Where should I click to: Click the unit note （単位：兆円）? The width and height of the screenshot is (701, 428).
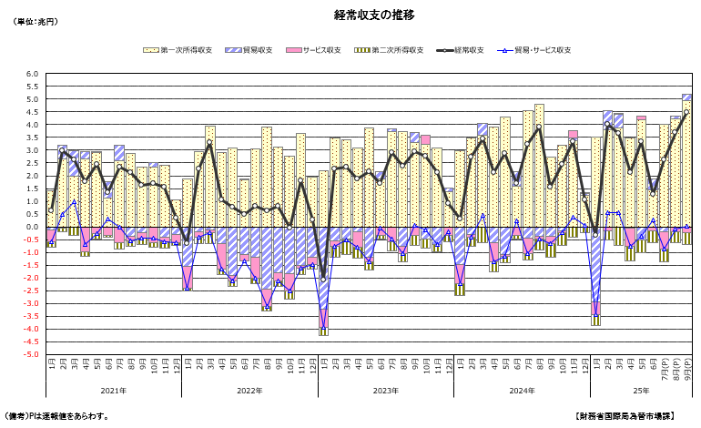[x=36, y=21]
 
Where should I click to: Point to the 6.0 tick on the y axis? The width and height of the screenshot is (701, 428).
[x=33, y=74]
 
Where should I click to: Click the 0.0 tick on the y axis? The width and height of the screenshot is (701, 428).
[x=33, y=227]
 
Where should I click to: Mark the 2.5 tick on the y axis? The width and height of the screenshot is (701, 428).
[x=33, y=163]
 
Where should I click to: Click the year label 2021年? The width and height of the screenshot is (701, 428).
[x=114, y=391]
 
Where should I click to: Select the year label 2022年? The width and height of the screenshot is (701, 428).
[x=249, y=391]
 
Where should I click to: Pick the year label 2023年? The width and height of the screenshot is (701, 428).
[x=385, y=391]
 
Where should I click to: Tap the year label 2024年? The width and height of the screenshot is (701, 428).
[x=522, y=391]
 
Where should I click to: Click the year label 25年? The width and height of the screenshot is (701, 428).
[x=641, y=391]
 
